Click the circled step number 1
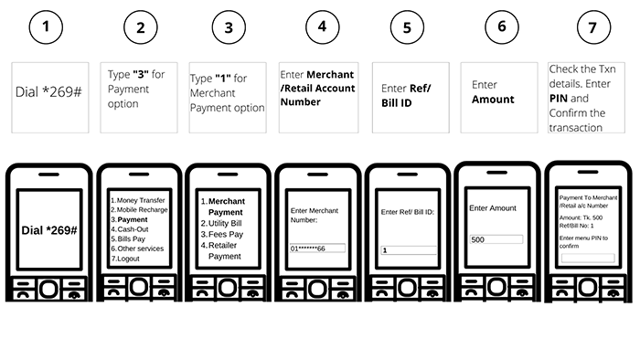click(x=46, y=26)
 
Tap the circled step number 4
click(x=322, y=26)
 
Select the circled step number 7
click(x=593, y=27)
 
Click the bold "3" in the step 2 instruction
click(x=141, y=74)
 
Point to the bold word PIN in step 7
click(x=559, y=99)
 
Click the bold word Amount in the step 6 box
click(x=493, y=100)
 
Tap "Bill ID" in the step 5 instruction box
click(x=396, y=103)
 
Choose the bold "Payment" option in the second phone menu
click(x=133, y=219)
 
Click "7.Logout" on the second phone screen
click(x=125, y=259)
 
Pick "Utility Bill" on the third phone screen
click(x=225, y=224)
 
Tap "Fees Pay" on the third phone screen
click(x=226, y=235)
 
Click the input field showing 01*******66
click(x=317, y=249)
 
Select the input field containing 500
click(x=496, y=239)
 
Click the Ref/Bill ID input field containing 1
click(x=409, y=250)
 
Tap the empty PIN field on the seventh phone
click(x=588, y=258)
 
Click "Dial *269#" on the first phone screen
click(x=49, y=230)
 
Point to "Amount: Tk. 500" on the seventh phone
click(x=581, y=217)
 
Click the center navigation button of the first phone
click(x=49, y=289)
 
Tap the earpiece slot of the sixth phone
click(x=496, y=173)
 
